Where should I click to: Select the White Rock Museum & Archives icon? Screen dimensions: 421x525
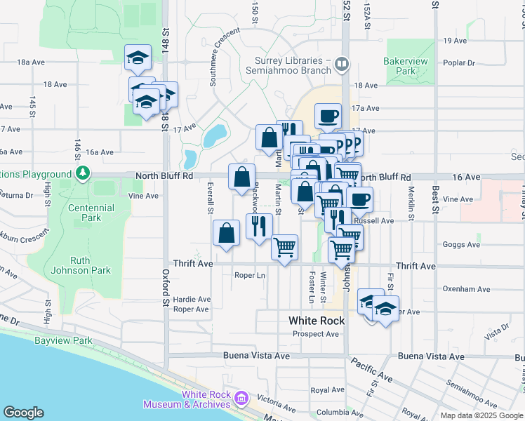(241, 399)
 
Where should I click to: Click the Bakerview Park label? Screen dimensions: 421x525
(406, 66)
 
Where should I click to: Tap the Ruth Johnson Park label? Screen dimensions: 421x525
(91, 265)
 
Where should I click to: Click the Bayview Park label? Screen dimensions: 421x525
(63, 341)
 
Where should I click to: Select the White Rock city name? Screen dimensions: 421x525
(317, 321)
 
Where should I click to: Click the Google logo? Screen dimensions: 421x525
(23, 413)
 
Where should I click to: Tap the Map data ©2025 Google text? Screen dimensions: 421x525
(481, 415)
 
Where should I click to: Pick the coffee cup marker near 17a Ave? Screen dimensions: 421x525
(328, 117)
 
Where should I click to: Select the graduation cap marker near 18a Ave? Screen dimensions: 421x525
(138, 59)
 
